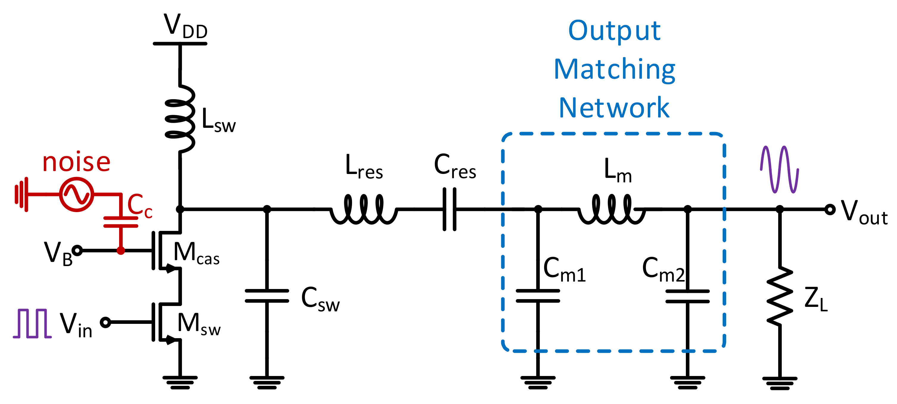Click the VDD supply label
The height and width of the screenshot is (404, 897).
coord(185,27)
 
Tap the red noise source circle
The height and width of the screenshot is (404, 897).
coord(76,194)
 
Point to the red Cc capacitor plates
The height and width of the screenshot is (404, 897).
coord(121,222)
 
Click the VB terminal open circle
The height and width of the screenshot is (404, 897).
coord(77,250)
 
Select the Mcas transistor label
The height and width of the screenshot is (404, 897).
coord(196,253)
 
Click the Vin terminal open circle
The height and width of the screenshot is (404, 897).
coord(105,322)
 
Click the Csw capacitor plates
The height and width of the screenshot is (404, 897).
coord(267,296)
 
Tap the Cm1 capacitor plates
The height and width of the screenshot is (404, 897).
coord(538,296)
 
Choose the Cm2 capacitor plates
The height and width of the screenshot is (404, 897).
coord(687,296)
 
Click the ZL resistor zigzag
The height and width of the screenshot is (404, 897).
coord(780,296)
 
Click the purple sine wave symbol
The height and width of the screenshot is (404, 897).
coord(779,169)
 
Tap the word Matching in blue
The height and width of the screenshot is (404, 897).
coord(615,70)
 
